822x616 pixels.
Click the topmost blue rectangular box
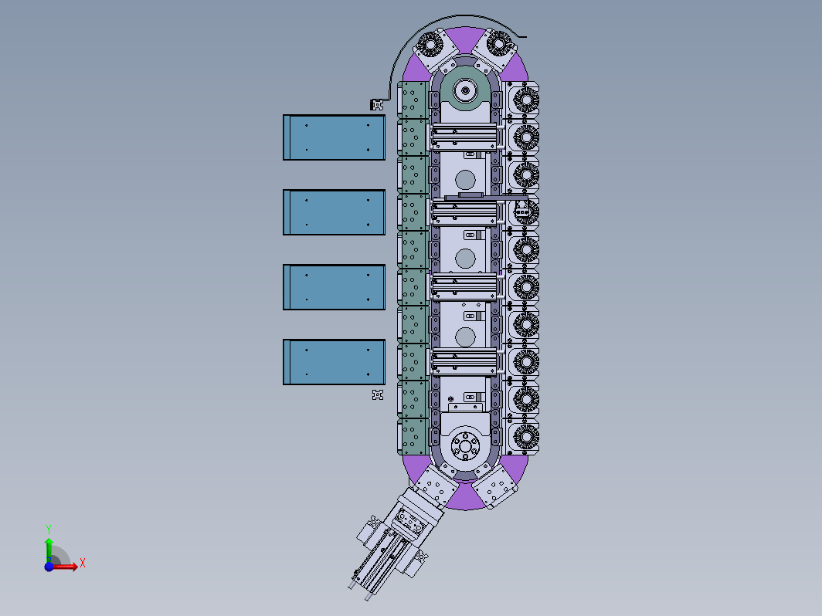(x=334, y=137)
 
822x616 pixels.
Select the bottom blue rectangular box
(x=334, y=362)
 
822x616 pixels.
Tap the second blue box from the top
(x=334, y=212)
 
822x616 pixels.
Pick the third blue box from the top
(x=334, y=287)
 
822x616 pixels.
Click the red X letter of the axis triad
(x=83, y=564)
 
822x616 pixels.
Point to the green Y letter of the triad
(x=48, y=529)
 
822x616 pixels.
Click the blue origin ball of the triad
(x=49, y=567)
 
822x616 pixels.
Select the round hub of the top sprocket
(x=464, y=90)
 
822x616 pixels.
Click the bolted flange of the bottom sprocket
(x=465, y=446)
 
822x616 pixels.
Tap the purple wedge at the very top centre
(x=465, y=37)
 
